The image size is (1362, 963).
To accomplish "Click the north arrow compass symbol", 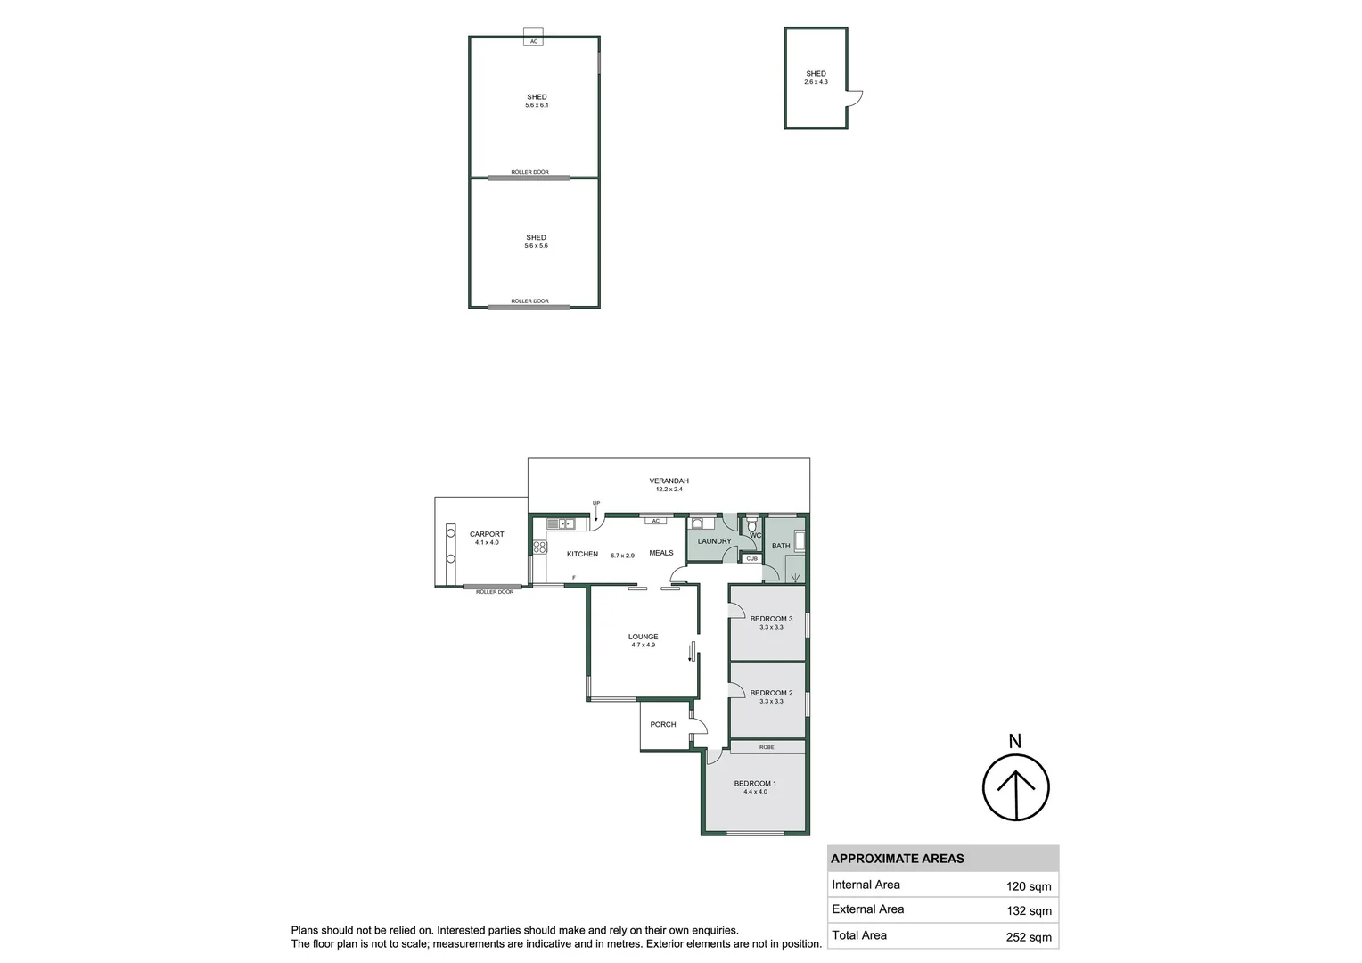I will [x=1015, y=787].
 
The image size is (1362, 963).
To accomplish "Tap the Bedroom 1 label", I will [x=755, y=784].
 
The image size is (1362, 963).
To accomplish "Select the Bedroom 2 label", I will [x=771, y=693].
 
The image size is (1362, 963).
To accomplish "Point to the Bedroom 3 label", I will [x=771, y=619].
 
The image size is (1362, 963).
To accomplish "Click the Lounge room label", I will [x=643, y=637].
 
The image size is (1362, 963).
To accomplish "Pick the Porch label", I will [x=662, y=724].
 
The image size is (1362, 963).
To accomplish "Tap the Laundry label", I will [x=714, y=541].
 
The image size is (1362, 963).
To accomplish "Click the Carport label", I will [x=487, y=534].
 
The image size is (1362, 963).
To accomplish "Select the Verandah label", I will [x=669, y=481].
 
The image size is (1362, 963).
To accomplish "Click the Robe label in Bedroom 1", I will [x=767, y=747].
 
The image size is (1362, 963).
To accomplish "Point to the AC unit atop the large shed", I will [x=534, y=41].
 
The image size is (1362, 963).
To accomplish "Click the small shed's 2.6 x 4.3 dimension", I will [x=816, y=82].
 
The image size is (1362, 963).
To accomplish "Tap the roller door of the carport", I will [x=493, y=586].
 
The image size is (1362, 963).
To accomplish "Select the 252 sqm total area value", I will [x=1029, y=936].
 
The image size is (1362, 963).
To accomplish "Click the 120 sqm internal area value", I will [x=1029, y=886].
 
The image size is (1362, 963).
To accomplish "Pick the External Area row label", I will [x=867, y=909].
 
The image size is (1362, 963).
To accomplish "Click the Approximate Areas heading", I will [x=897, y=859].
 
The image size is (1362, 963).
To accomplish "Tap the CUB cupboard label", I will [x=751, y=559].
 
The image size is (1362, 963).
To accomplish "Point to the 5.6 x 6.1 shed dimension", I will [x=537, y=105].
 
